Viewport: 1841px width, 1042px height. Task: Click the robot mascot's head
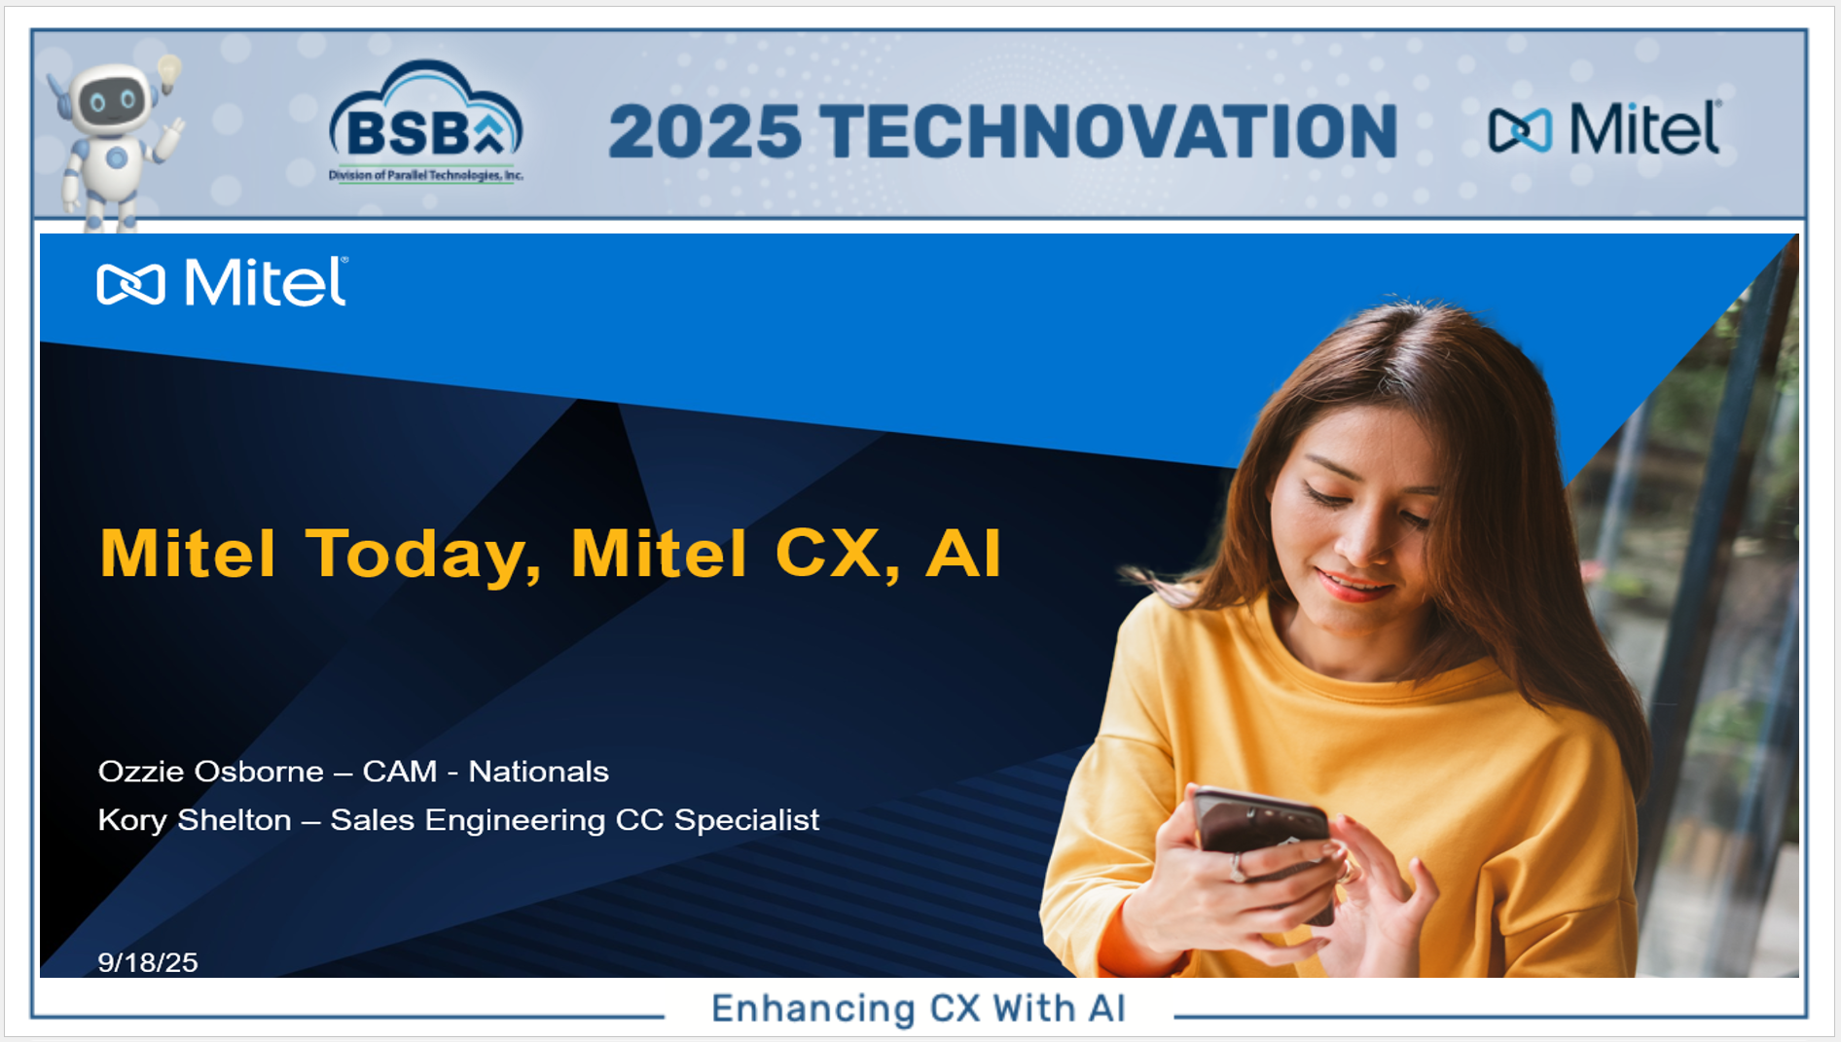click(x=111, y=98)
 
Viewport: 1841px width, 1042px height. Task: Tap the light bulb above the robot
click(x=169, y=72)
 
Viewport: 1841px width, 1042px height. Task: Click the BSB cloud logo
click(x=426, y=121)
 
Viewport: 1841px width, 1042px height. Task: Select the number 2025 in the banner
click(x=705, y=131)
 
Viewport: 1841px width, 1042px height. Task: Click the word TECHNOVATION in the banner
click(x=1108, y=131)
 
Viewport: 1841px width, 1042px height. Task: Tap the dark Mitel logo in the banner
click(x=1605, y=128)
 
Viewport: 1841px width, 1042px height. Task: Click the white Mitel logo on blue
click(x=222, y=282)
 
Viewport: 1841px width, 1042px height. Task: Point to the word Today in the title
click(x=423, y=555)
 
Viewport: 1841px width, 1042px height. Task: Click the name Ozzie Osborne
click(x=211, y=772)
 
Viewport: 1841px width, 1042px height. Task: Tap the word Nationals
click(x=538, y=772)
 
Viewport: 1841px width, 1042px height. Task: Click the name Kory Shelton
click(x=195, y=820)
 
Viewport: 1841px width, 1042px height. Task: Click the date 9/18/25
click(x=148, y=962)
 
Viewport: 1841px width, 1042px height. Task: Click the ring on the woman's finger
click(x=1238, y=867)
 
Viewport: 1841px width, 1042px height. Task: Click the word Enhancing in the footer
click(x=813, y=1009)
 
